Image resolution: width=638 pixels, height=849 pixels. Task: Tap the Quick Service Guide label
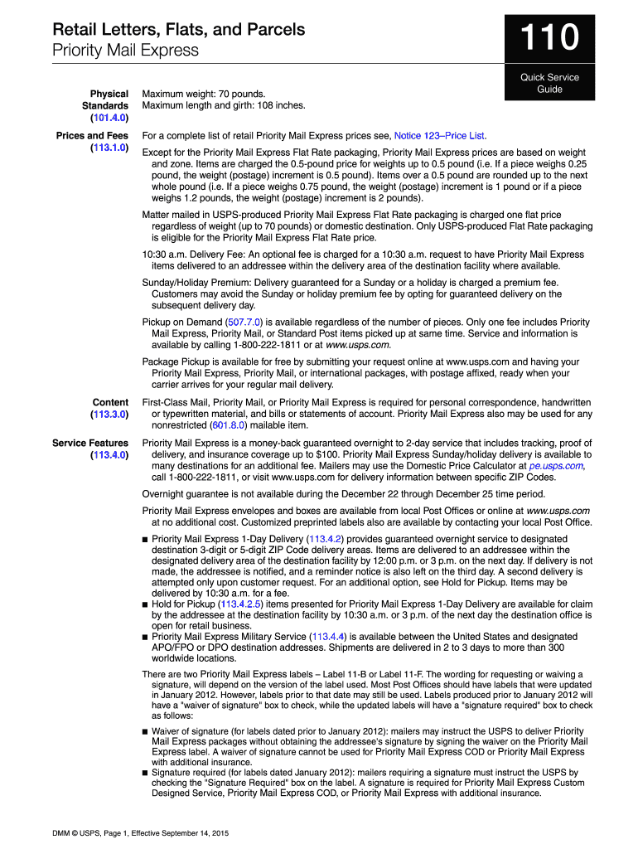coord(549,84)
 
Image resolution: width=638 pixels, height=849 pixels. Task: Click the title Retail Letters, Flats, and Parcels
coord(178,30)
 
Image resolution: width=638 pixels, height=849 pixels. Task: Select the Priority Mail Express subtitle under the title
coord(125,51)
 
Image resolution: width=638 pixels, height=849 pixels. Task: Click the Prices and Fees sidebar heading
coord(92,135)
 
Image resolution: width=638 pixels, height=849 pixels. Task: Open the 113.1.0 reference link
coord(109,148)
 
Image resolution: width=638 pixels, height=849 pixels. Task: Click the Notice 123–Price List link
coord(439,135)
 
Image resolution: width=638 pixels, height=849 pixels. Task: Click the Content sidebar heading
coord(110,402)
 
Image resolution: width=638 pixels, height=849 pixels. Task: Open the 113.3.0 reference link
coord(109,414)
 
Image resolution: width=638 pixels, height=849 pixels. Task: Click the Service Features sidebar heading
coord(90,444)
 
